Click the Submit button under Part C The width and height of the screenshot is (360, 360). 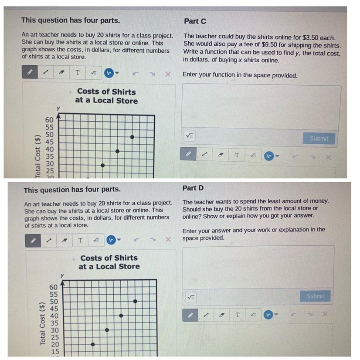point(319,138)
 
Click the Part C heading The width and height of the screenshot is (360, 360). point(195,21)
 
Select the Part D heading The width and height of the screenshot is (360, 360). point(193,188)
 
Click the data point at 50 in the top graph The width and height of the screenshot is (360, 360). point(132,137)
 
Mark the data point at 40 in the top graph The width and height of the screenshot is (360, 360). point(117,151)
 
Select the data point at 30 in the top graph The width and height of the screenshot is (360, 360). point(102,165)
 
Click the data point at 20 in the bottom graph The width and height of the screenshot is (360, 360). point(93,344)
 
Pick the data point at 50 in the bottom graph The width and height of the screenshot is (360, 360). point(135,301)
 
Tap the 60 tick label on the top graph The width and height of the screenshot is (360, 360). point(49,120)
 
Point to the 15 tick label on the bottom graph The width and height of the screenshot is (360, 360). point(55,352)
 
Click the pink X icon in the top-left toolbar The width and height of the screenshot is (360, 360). point(168,74)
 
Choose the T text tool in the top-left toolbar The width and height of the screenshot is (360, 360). point(78,73)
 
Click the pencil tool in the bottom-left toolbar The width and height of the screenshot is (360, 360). point(33,241)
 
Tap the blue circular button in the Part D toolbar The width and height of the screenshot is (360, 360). point(268,315)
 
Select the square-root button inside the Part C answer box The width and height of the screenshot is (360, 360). point(190,136)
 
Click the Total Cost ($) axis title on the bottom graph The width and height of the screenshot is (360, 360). point(42,324)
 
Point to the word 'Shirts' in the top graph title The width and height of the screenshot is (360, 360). point(124,92)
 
